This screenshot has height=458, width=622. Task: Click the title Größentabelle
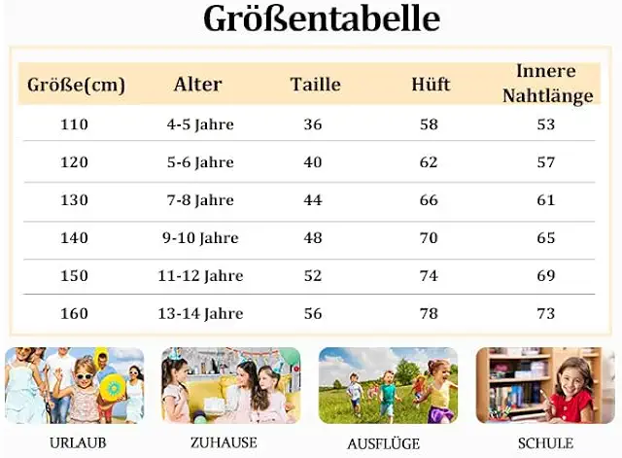322,19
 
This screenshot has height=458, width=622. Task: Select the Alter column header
198,85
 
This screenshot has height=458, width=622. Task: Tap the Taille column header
316,85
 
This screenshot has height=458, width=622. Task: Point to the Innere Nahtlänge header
547,84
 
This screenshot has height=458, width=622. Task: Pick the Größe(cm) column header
76,86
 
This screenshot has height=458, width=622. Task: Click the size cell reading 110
74,124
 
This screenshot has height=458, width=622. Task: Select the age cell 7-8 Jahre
200,200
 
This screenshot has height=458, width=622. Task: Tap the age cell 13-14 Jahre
200,314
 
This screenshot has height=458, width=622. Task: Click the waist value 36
313,124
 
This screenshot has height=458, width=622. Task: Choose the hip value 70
429,238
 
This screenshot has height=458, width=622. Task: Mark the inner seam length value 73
546,314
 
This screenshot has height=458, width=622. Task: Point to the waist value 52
313,276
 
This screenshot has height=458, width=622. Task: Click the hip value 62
429,162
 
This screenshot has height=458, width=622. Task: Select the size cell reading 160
74,314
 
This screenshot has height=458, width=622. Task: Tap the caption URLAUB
77,443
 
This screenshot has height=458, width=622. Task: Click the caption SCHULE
546,443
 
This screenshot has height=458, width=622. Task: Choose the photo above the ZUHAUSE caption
231,385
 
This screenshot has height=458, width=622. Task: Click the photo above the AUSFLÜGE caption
388,385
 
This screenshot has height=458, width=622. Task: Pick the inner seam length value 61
546,200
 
